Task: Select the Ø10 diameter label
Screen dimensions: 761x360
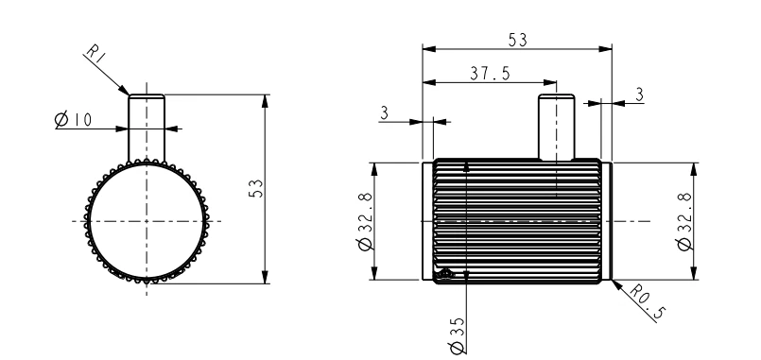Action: pos(73,119)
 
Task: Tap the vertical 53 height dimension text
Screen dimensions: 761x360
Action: pos(256,188)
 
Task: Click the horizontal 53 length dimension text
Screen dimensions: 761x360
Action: pos(517,40)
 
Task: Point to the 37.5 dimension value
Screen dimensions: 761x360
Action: pos(491,74)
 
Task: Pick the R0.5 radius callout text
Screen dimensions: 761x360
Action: pos(648,301)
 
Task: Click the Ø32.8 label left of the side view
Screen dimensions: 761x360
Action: pos(366,221)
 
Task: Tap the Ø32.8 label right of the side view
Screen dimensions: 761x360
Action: pos(684,221)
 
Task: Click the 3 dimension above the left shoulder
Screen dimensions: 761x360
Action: pos(385,113)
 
